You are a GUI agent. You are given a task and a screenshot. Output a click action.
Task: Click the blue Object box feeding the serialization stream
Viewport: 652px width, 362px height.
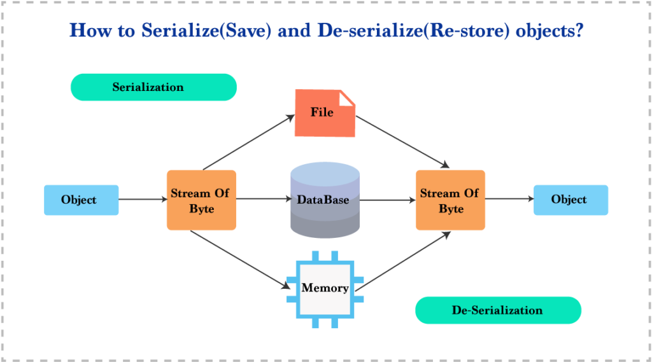pyautogui.click(x=81, y=200)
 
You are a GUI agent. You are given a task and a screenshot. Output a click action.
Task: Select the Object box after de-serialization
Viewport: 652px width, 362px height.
pyautogui.click(x=570, y=200)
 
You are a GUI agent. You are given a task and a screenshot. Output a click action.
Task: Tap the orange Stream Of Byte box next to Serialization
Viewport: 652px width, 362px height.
pyautogui.click(x=201, y=200)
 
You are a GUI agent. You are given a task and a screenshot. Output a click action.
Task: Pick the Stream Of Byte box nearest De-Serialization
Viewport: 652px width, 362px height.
pyautogui.click(x=450, y=200)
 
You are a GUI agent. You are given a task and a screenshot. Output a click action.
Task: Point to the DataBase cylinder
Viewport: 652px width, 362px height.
pyautogui.click(x=324, y=200)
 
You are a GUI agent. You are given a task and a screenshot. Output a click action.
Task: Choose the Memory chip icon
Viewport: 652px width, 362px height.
pyautogui.click(x=325, y=288)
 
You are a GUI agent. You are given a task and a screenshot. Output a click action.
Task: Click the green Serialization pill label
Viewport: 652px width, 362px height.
pyautogui.click(x=153, y=87)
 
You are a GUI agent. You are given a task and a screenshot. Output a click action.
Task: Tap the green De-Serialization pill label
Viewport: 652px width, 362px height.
pyautogui.click(x=498, y=310)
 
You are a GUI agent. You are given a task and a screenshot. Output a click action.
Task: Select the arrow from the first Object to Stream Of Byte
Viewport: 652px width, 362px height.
pyautogui.click(x=142, y=200)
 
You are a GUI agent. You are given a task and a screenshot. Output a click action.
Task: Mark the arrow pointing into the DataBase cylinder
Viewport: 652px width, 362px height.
pyautogui.click(x=263, y=199)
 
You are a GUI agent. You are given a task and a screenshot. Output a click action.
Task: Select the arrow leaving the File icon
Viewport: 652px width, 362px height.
pyautogui.click(x=400, y=142)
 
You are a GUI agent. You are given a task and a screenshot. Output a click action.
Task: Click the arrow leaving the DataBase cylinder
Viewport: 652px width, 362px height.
pyautogui.click(x=386, y=200)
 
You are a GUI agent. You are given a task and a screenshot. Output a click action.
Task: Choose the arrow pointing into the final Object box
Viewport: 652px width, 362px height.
pyautogui.click(x=509, y=199)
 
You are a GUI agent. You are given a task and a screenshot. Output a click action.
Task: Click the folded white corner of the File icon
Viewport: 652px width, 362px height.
pyautogui.click(x=347, y=98)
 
